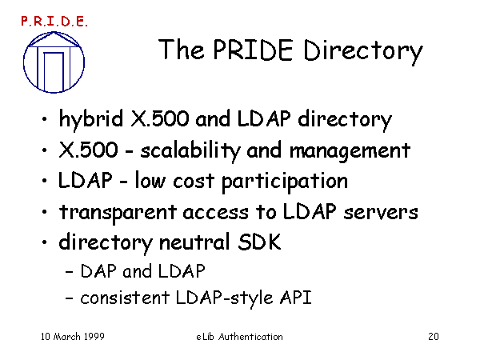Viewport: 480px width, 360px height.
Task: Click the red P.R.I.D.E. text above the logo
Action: (54, 22)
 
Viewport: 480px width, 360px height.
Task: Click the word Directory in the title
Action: (363, 51)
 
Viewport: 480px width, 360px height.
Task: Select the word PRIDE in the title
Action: (253, 50)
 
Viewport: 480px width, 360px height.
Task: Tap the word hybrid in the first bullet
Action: (91, 119)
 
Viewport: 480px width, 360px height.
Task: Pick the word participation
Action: (285, 182)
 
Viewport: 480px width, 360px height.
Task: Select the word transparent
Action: (118, 213)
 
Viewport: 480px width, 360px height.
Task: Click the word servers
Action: (381, 213)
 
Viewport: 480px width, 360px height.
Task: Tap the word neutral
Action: (194, 242)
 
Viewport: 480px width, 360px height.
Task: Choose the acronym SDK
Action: (259, 242)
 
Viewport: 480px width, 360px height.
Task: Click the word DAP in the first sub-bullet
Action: (98, 271)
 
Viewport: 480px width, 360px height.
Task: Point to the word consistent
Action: (125, 298)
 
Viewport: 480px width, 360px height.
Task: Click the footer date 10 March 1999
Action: (73, 337)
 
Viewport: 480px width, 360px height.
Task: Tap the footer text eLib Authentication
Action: (239, 337)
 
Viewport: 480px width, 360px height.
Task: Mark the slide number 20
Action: (434, 337)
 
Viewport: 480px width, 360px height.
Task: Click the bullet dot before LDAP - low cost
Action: (45, 181)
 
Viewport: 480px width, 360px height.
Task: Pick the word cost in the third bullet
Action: (193, 182)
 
